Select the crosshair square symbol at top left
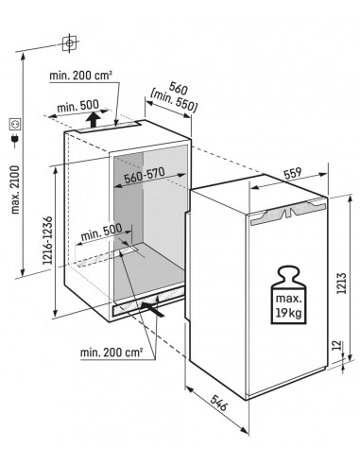pyautogui.click(x=68, y=43)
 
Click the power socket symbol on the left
pyautogui.click(x=14, y=124)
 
